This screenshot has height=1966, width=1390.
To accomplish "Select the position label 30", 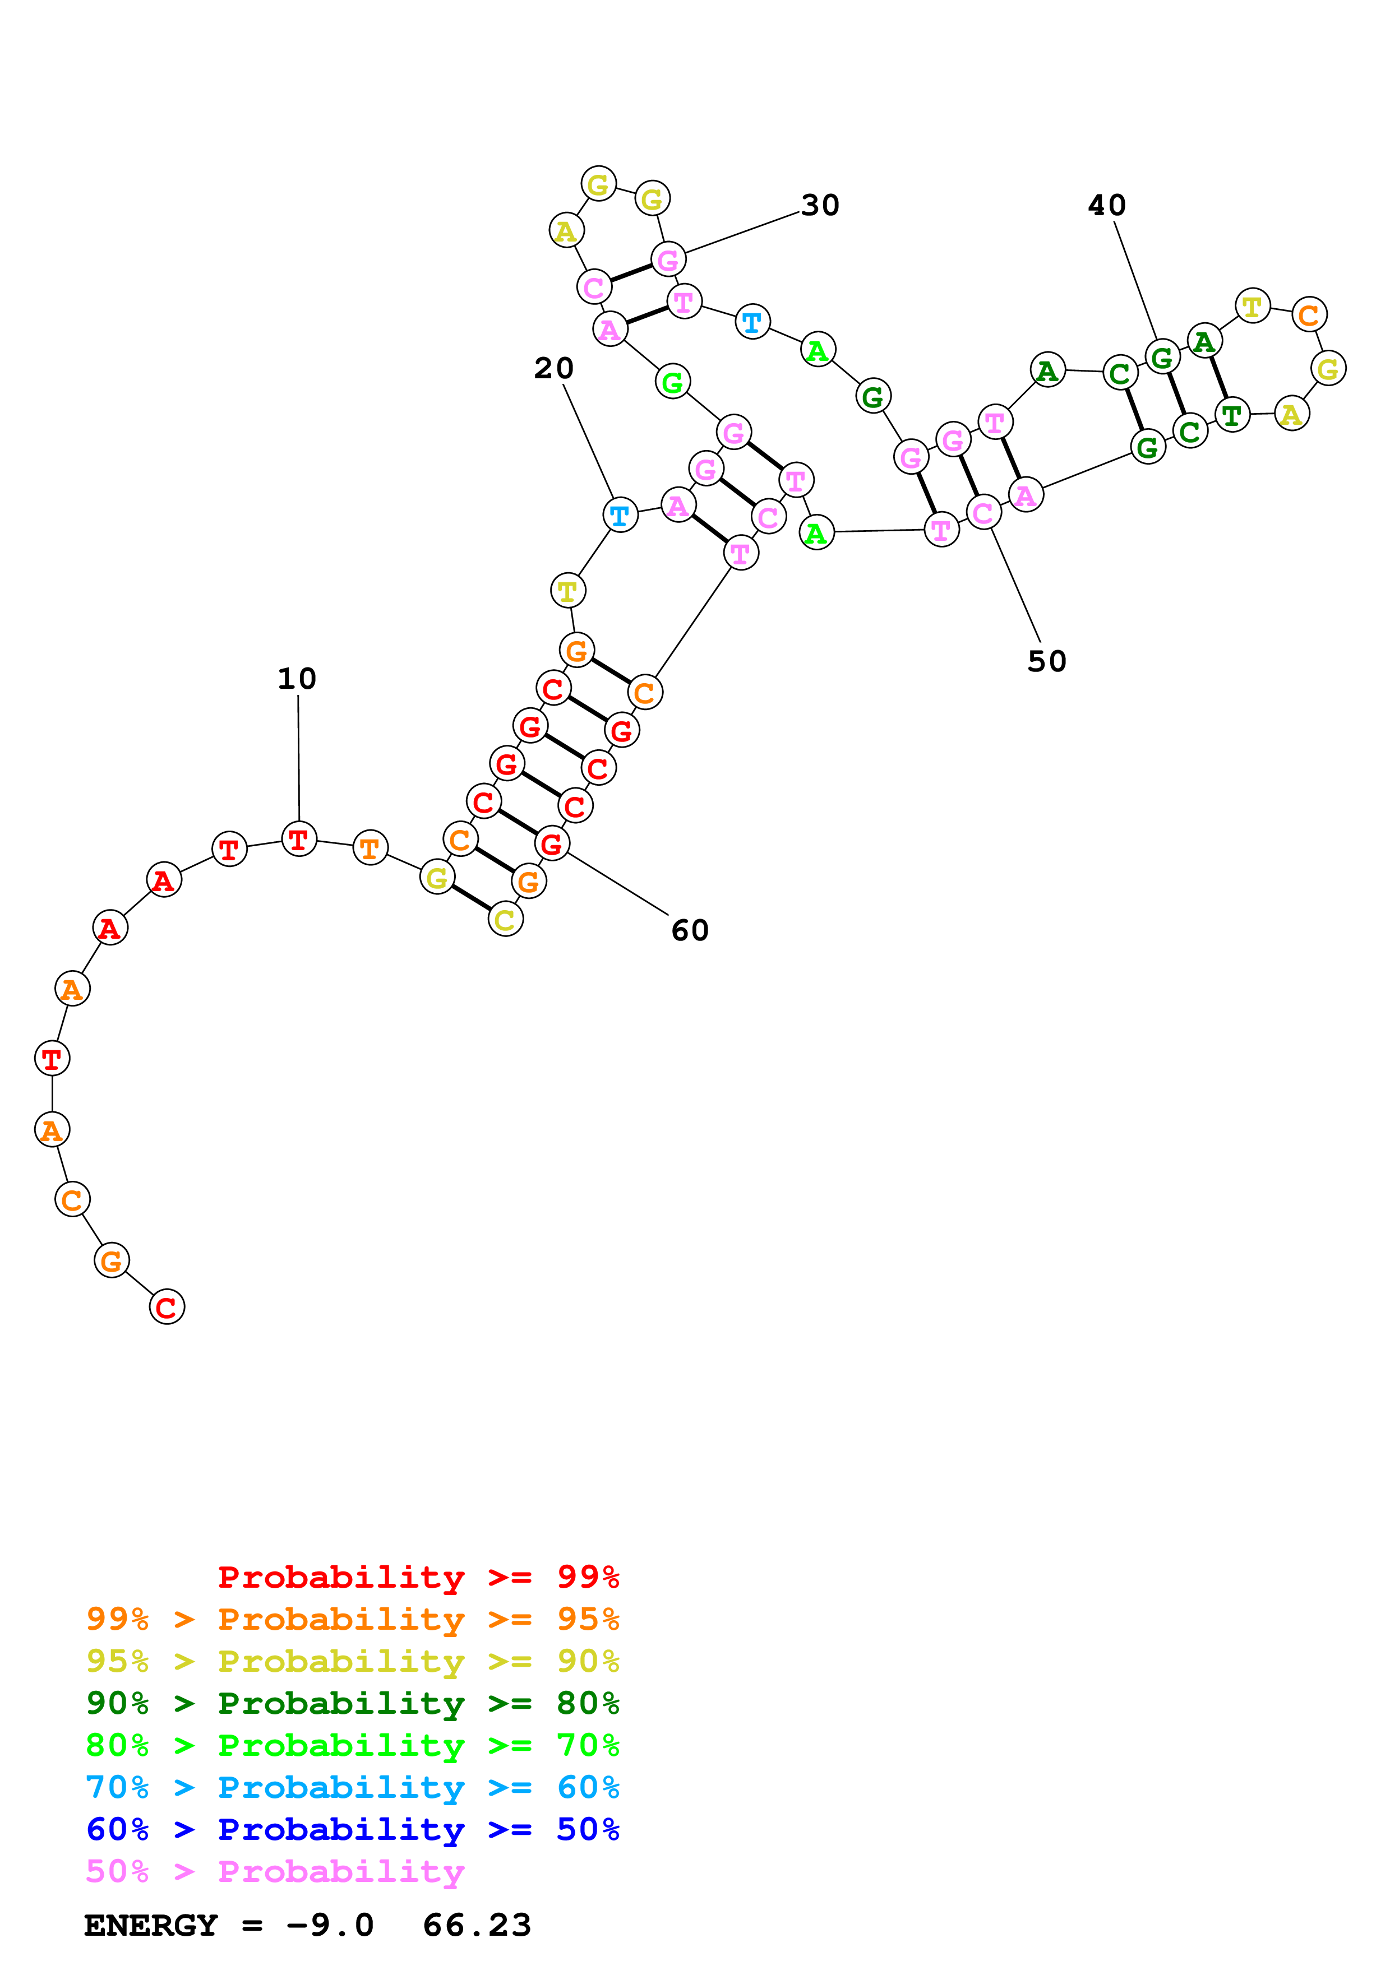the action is coord(820,206).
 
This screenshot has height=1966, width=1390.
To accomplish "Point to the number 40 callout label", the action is coord(1106,206).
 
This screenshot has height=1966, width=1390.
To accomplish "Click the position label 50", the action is coord(1047,661).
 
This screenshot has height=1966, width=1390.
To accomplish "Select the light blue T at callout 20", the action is coord(620,516).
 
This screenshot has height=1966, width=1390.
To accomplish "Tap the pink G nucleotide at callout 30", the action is coord(668,259).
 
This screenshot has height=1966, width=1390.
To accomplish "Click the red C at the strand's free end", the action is coord(167,1307).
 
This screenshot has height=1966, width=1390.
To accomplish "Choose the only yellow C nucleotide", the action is coord(505,920).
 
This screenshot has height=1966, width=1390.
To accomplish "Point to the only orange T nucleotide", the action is coord(370,848).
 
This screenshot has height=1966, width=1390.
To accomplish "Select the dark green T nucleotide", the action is coord(1231,415).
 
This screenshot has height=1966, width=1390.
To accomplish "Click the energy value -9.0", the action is coord(330,1925).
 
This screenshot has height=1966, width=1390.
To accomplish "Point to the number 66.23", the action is coord(477,1925).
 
